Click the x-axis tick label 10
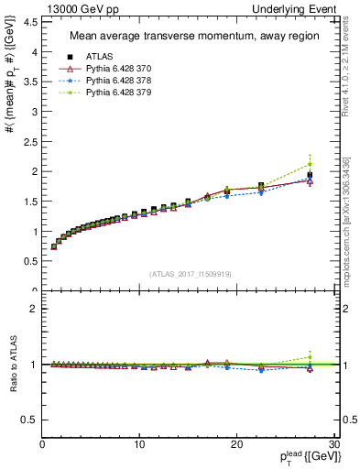click(x=139, y=445)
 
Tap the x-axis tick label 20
click(x=236, y=445)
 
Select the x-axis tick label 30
click(x=333, y=445)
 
